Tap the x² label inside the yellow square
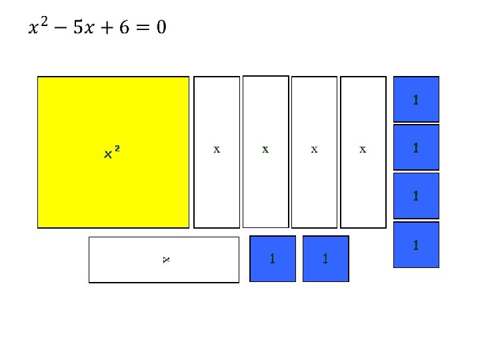(112, 153)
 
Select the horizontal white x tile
(163, 259)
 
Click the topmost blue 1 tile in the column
(416, 100)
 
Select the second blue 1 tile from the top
(416, 148)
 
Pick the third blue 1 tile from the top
(416, 196)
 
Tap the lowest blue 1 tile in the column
(416, 245)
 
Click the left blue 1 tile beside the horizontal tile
(273, 259)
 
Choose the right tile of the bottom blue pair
(325, 259)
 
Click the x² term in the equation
(38, 28)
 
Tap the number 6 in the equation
(125, 28)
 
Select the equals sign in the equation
(142, 28)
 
